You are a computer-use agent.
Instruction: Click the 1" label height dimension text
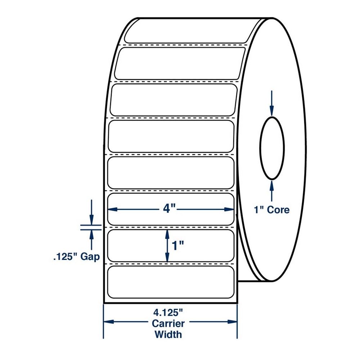coord(178,246)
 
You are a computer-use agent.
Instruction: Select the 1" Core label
coord(271,210)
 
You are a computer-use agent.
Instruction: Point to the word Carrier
coord(168,323)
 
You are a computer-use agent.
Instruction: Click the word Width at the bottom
coord(168,334)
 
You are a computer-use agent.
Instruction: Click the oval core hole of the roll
coord(272,148)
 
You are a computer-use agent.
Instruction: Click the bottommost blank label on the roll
coord(171,282)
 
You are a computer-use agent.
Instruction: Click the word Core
coord(278,210)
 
